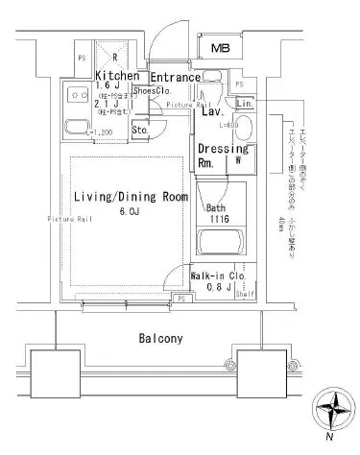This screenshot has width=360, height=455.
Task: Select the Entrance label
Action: (175, 77)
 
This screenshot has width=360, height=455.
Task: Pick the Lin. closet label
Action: (244, 103)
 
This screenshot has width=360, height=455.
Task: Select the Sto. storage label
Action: (138, 130)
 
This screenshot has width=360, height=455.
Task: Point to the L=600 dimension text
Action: (228, 126)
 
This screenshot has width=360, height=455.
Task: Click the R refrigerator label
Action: (114, 56)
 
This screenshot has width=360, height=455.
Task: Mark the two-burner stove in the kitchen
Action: (74, 95)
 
